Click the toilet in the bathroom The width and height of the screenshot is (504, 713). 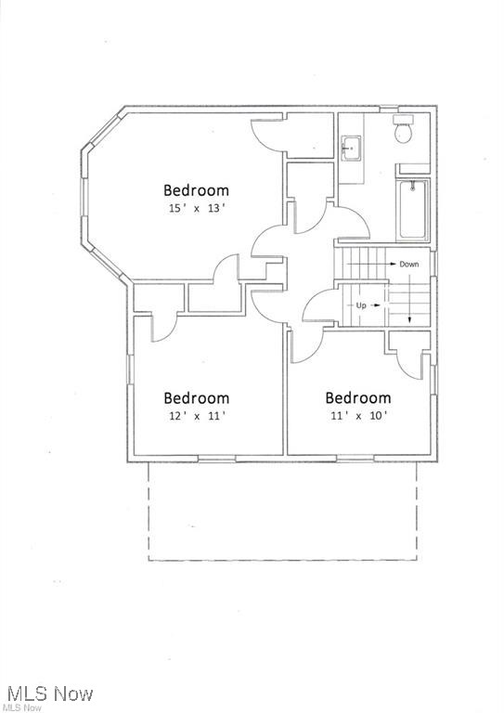point(404,131)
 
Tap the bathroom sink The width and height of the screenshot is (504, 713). point(351,148)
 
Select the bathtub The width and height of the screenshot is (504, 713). point(413,210)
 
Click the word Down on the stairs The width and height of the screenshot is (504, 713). point(409,265)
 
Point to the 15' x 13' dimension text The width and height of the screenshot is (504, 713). point(196,209)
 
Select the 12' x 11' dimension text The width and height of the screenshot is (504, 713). point(196,416)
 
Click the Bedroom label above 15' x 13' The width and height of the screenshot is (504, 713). point(196,190)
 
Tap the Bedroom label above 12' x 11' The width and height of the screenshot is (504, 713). point(196,398)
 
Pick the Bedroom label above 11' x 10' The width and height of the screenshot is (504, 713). point(357,398)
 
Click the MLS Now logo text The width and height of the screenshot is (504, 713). point(48,694)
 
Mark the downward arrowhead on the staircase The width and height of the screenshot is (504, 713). point(409,320)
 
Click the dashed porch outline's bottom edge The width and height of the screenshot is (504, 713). point(282,560)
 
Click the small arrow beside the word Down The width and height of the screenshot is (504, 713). point(391,265)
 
